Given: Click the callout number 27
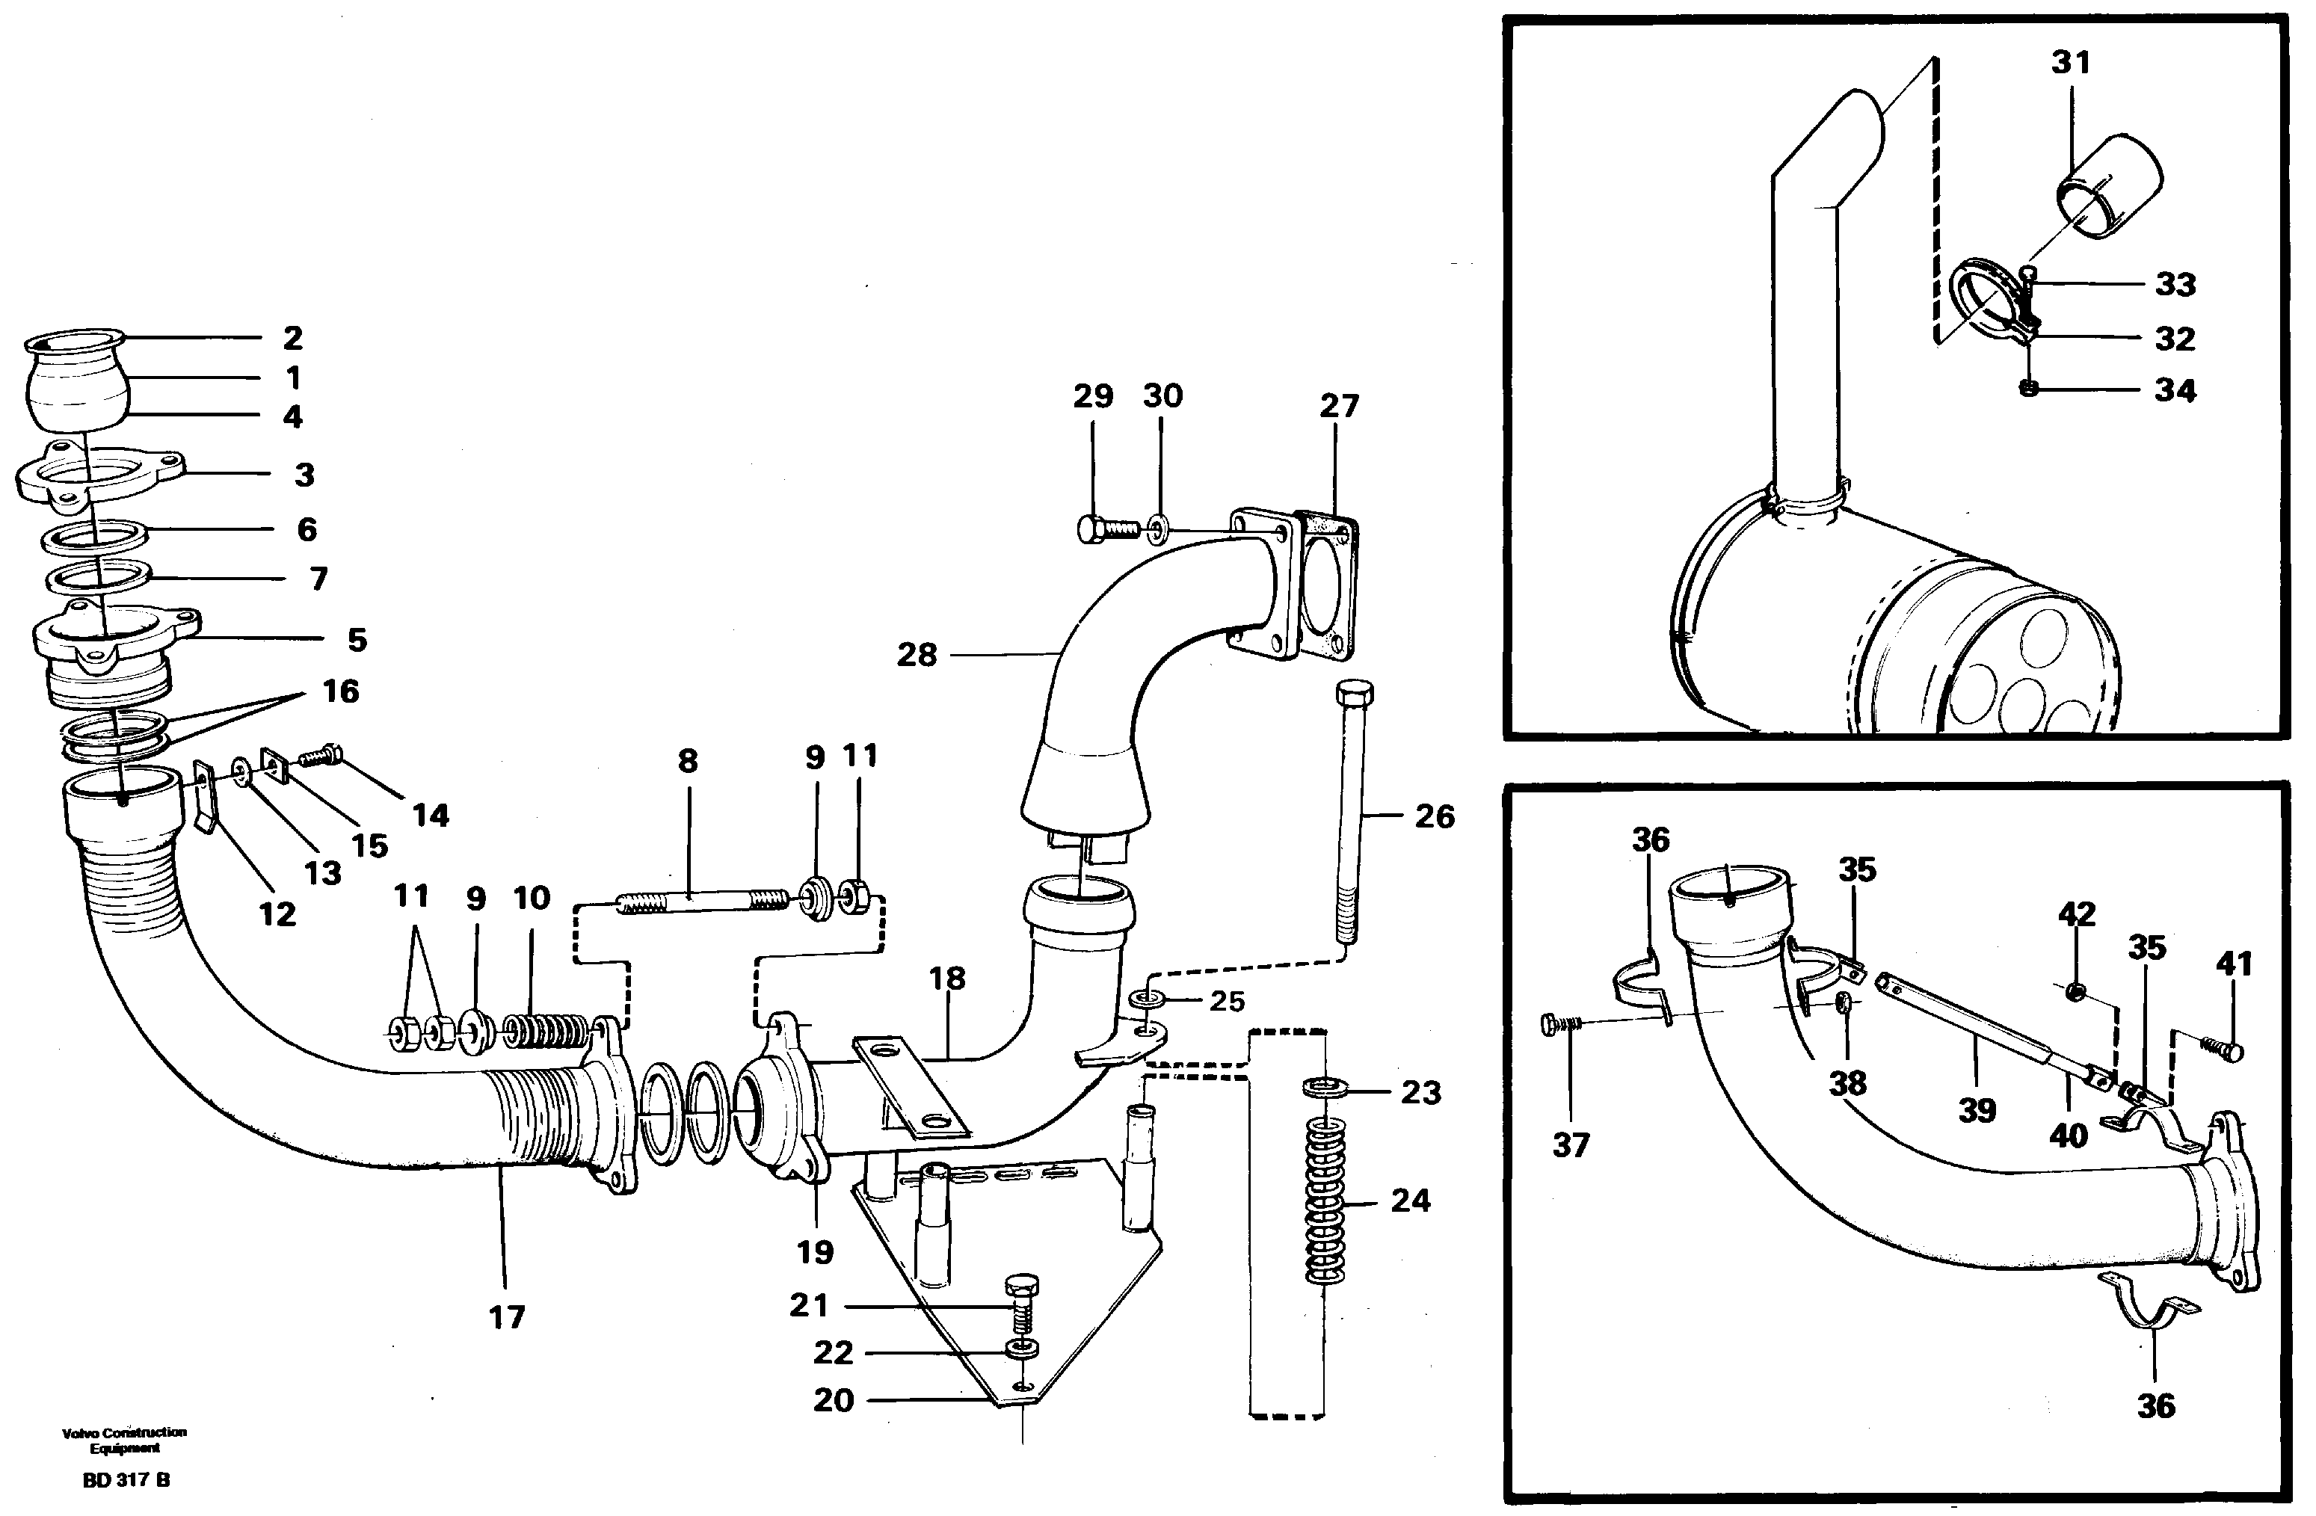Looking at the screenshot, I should [1338, 406].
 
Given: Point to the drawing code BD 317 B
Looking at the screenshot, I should [126, 1480].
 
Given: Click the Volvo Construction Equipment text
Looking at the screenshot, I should [125, 1440].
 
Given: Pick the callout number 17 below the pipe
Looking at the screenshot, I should [506, 1317].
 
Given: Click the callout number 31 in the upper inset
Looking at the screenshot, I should [2071, 62].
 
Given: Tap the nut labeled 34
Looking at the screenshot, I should [2028, 389].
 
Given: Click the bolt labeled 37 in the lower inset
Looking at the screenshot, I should [1560, 1026].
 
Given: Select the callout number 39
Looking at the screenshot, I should [1977, 1110].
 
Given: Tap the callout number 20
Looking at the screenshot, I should [833, 1400].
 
